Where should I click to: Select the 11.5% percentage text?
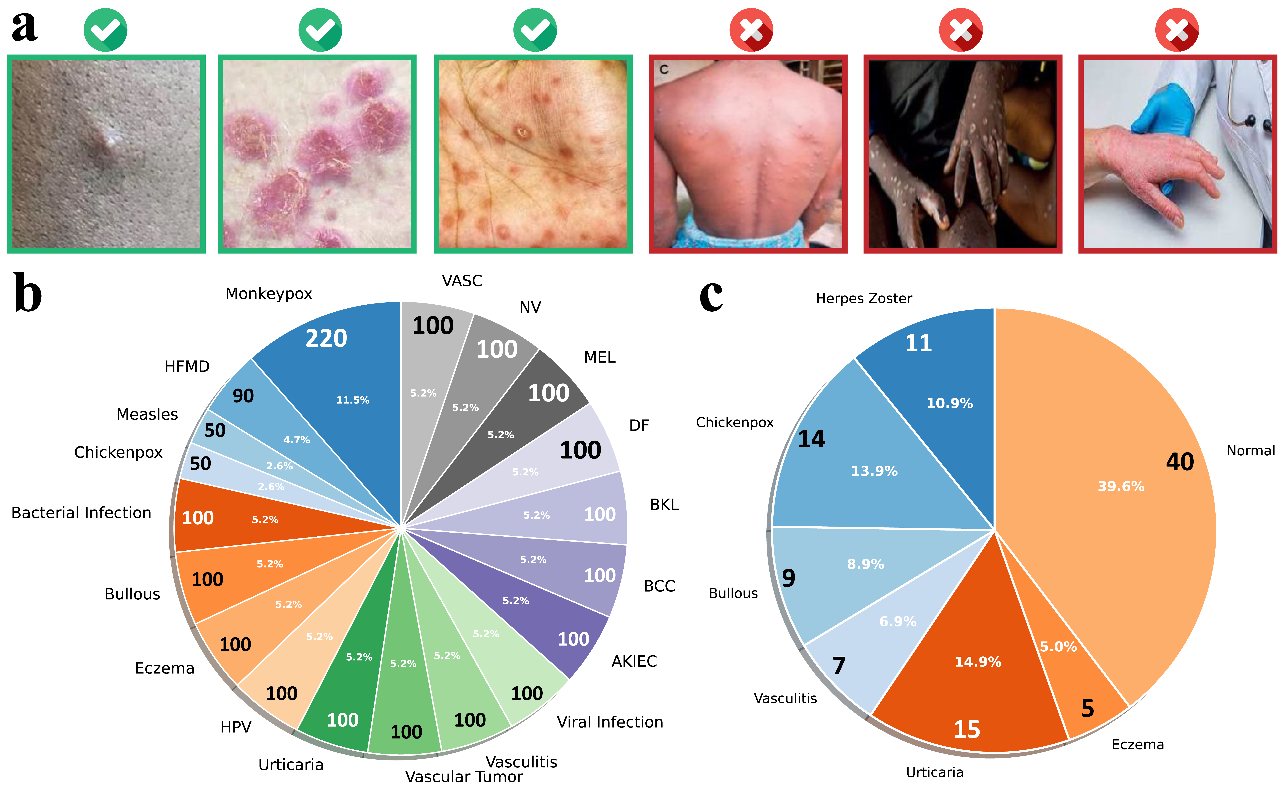coord(353,400)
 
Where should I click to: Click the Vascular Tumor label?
coord(463,777)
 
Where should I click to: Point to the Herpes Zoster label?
coord(863,299)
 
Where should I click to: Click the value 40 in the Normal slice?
coord(1179,462)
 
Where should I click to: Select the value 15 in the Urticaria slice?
coord(967,729)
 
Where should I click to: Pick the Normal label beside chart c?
coord(1250,451)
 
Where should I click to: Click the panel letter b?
coord(27,293)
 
